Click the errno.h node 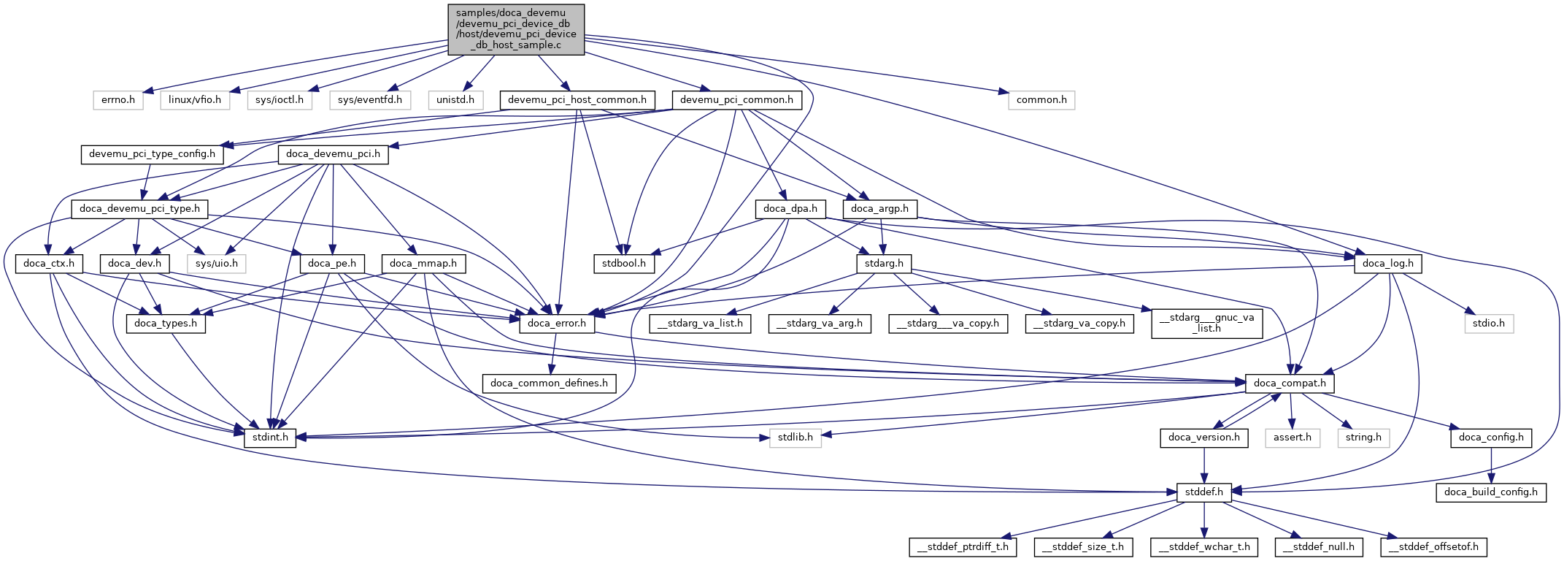click(x=118, y=100)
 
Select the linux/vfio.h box click(x=195, y=100)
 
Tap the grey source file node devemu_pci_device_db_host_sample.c click(x=516, y=29)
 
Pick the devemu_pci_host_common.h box click(x=577, y=100)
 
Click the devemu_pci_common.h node click(x=736, y=100)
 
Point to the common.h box click(x=1041, y=100)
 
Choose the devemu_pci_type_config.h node click(x=152, y=154)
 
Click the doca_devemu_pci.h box click(x=333, y=154)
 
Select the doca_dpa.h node click(x=790, y=209)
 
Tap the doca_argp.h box click(x=879, y=209)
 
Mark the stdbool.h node click(x=623, y=264)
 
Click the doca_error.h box click(x=558, y=324)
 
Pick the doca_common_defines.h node click(x=549, y=383)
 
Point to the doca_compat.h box click(x=1290, y=383)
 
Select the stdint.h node click(x=270, y=438)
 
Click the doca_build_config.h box click(x=1491, y=492)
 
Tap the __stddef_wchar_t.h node click(x=1204, y=547)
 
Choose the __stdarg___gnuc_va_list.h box click(x=1207, y=323)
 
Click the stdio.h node click(x=1489, y=324)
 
